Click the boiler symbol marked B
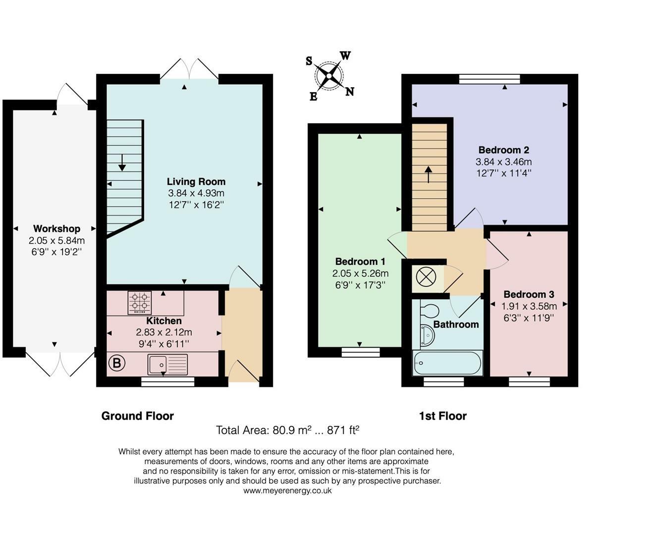[117, 363]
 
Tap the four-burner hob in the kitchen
[140, 303]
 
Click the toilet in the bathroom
[430, 311]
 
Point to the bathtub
[447, 363]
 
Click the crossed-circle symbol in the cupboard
[426, 276]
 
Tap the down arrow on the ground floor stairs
[122, 162]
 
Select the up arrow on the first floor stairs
[429, 175]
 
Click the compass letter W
[345, 56]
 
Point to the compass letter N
[349, 92]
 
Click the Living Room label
[196, 181]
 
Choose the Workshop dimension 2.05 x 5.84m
[56, 240]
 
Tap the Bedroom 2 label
[504, 150]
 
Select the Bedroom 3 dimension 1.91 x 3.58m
[529, 306]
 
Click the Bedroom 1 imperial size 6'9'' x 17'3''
[360, 285]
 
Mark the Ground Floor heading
[137, 416]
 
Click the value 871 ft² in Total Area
[343, 430]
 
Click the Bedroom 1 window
[361, 352]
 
